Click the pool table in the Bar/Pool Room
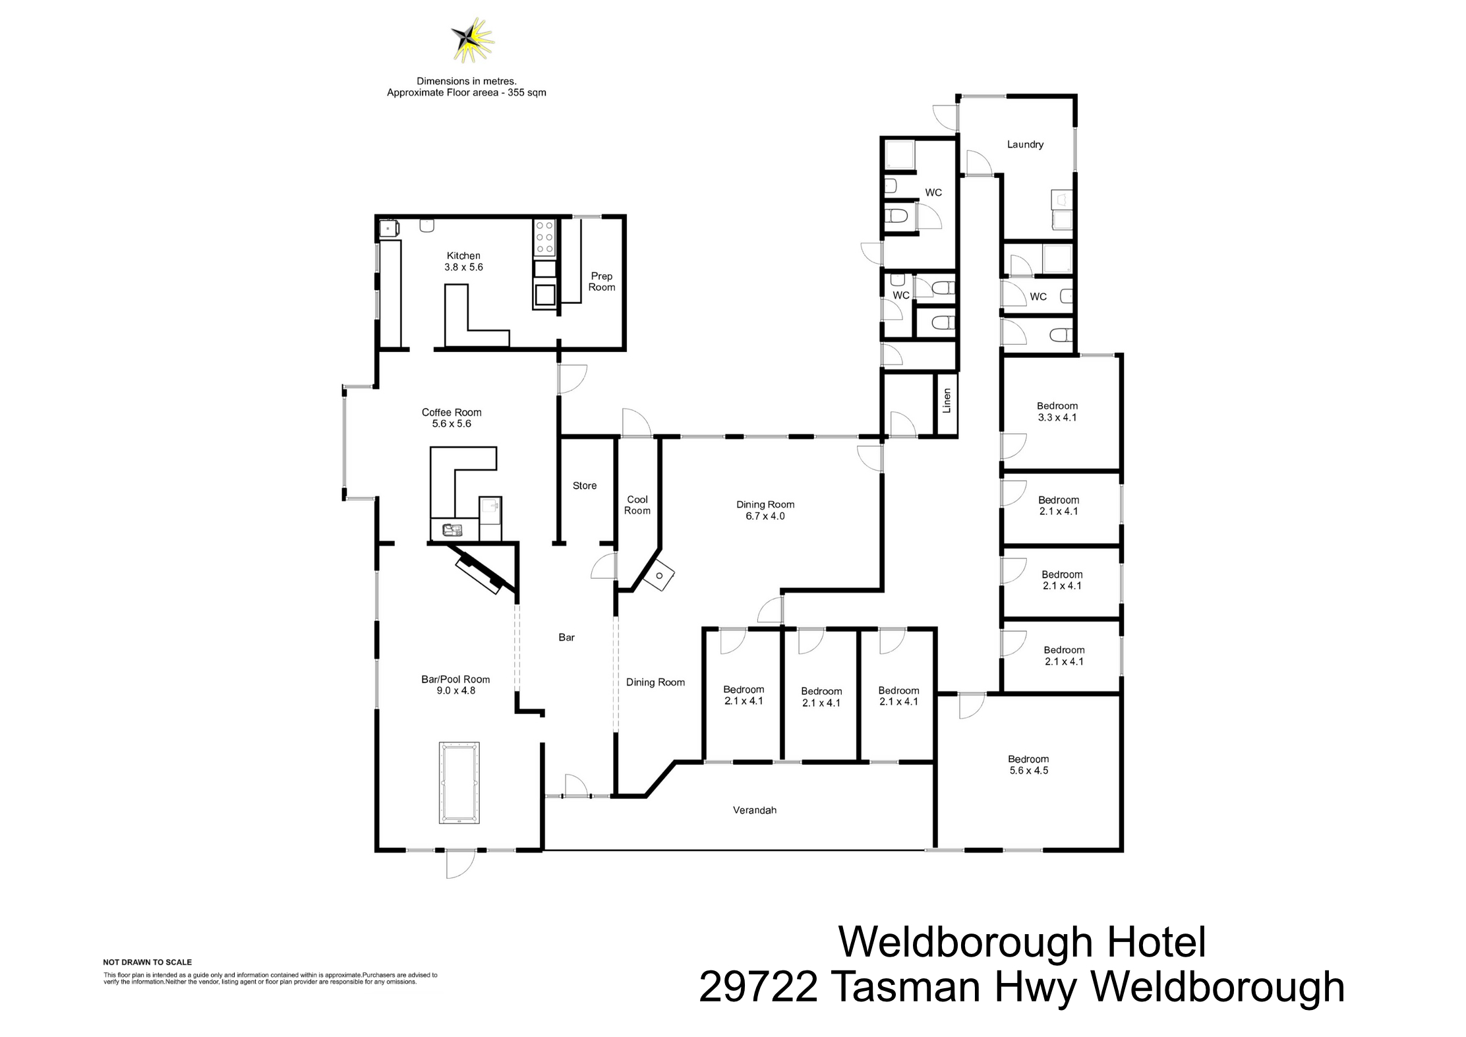click(x=459, y=783)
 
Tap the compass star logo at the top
click(x=472, y=40)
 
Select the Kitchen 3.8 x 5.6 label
click(x=463, y=261)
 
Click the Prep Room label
click(x=601, y=281)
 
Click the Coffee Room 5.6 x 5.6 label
click(x=452, y=418)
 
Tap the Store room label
click(x=584, y=485)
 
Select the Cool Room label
click(x=637, y=505)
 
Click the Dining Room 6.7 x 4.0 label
click(x=765, y=510)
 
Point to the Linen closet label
click(x=947, y=401)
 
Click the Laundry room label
click(x=1024, y=144)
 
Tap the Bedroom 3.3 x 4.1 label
click(x=1057, y=411)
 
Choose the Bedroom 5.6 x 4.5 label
click(x=1028, y=765)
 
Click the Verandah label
click(x=754, y=810)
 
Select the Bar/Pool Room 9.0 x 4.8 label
click(x=455, y=685)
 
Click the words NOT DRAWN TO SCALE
click(x=147, y=962)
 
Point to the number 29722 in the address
click(x=757, y=988)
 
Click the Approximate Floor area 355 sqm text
click(x=466, y=93)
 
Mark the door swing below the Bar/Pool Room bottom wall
click(x=459, y=864)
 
